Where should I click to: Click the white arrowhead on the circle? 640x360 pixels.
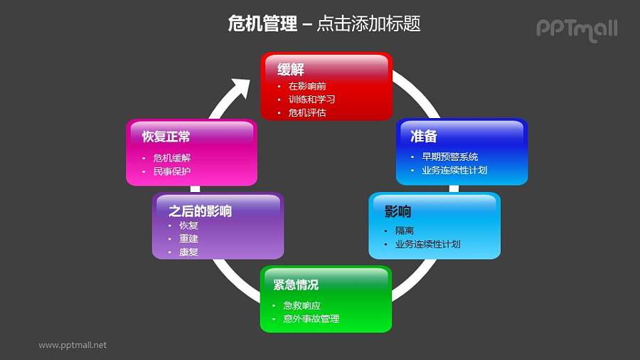point(240,89)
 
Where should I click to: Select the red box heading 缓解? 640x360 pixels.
point(291,70)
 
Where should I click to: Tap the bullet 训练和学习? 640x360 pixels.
point(311,100)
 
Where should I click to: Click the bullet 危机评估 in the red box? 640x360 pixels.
point(307,112)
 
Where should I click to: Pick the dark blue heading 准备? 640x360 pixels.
point(424,136)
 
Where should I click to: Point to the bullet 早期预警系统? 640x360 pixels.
point(449,157)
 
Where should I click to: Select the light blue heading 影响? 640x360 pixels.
point(398,211)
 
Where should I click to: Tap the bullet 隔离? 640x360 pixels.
point(405,231)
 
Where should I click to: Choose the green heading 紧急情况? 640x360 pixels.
point(296,285)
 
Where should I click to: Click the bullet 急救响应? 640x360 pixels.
point(302,305)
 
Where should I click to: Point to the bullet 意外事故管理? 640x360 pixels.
point(311,319)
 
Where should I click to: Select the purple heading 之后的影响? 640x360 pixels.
point(200,211)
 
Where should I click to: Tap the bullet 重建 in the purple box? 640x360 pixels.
point(188,238)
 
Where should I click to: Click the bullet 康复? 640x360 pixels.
point(188,252)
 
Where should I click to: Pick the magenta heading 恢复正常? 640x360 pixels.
point(166,137)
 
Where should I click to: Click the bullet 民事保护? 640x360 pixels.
point(171,171)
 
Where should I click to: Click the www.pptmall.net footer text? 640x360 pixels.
point(73,345)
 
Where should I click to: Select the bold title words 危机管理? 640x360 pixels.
point(262,24)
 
